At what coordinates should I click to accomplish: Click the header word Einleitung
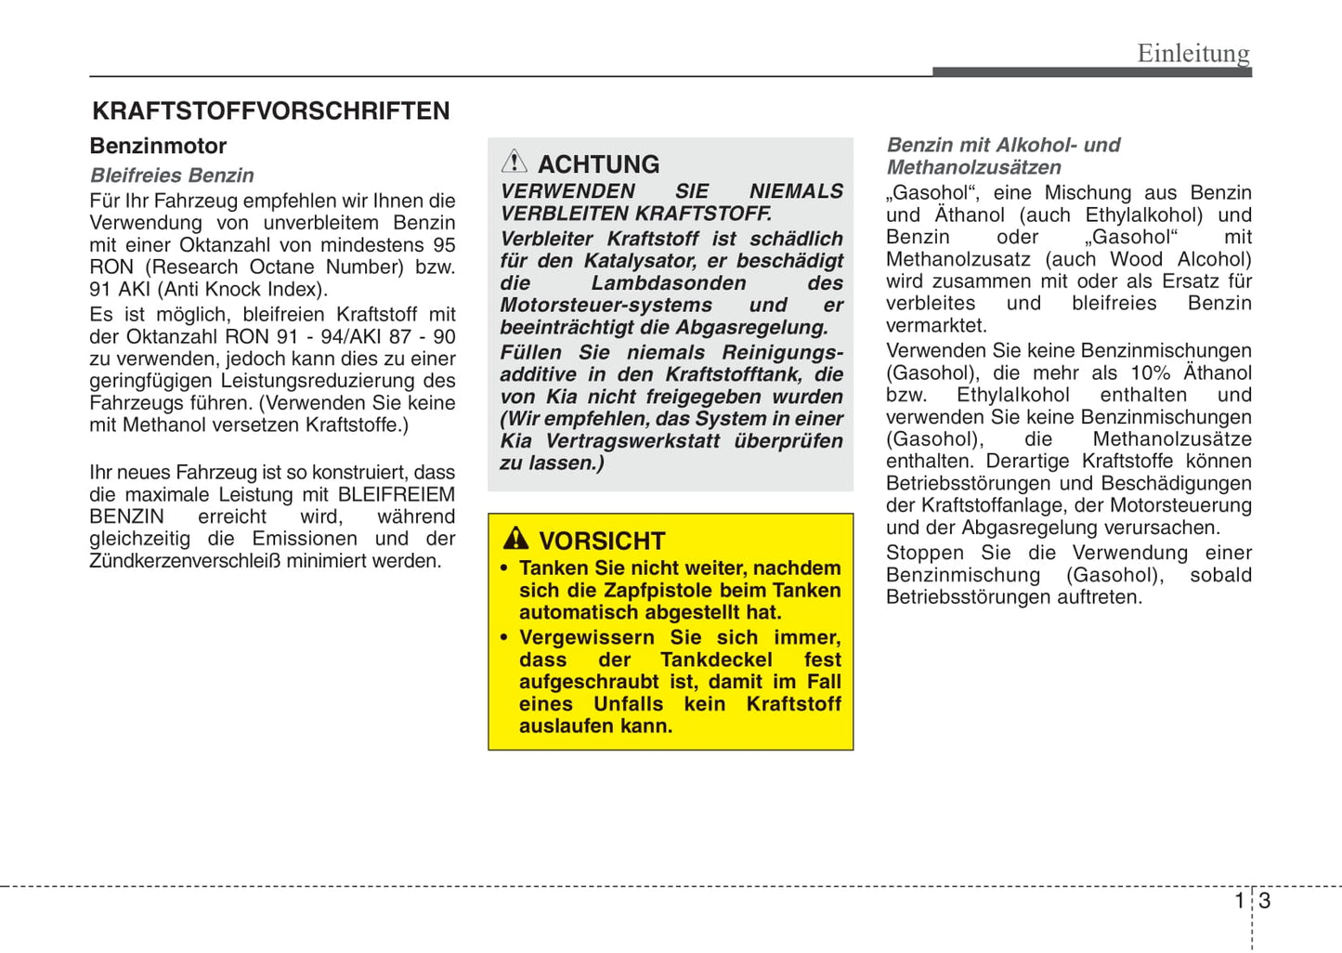(x=1193, y=53)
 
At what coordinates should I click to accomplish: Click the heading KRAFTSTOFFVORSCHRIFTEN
(x=270, y=111)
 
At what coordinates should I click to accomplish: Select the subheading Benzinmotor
(x=158, y=146)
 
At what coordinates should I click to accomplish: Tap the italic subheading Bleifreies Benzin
(x=172, y=176)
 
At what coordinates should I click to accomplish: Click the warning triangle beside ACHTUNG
(x=514, y=163)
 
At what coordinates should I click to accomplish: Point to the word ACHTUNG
(x=599, y=164)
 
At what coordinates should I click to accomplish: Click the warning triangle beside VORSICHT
(x=515, y=539)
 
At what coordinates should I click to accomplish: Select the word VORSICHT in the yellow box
(x=602, y=541)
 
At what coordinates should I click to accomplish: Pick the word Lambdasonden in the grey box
(x=669, y=283)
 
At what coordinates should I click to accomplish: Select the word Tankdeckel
(x=716, y=660)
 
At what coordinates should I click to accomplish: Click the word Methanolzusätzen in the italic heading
(x=973, y=168)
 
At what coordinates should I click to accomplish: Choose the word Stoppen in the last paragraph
(x=924, y=554)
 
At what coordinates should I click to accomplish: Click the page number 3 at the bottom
(x=1265, y=901)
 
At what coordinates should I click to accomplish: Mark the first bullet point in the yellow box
(x=504, y=568)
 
